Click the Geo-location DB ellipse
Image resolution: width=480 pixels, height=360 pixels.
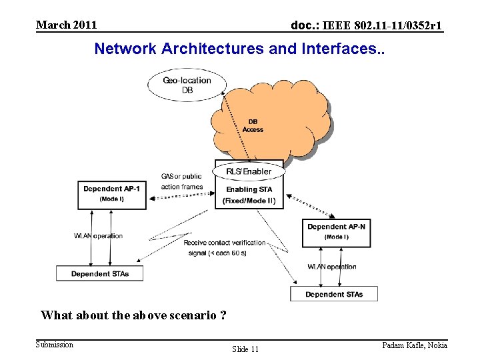187,85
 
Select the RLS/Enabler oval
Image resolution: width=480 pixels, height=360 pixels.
249,171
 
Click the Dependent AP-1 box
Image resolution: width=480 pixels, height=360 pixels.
111,194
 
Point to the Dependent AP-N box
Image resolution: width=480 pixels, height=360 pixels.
336,232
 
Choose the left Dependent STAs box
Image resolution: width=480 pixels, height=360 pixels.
99,273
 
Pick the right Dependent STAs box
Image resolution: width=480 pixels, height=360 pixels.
334,294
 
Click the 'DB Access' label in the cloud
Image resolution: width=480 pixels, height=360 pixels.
253,125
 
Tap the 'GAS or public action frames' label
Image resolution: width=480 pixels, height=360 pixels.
181,181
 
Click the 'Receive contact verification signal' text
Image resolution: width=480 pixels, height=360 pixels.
225,247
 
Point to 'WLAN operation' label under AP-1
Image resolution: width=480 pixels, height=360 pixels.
98,236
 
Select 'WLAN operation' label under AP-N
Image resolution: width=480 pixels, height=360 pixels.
331,267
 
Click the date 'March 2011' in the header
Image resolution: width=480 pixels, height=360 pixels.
67,25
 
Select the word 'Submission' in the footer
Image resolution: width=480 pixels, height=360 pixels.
55,344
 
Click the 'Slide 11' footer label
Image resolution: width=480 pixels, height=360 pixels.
245,349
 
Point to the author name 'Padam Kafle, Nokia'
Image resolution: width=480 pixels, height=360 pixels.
414,345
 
